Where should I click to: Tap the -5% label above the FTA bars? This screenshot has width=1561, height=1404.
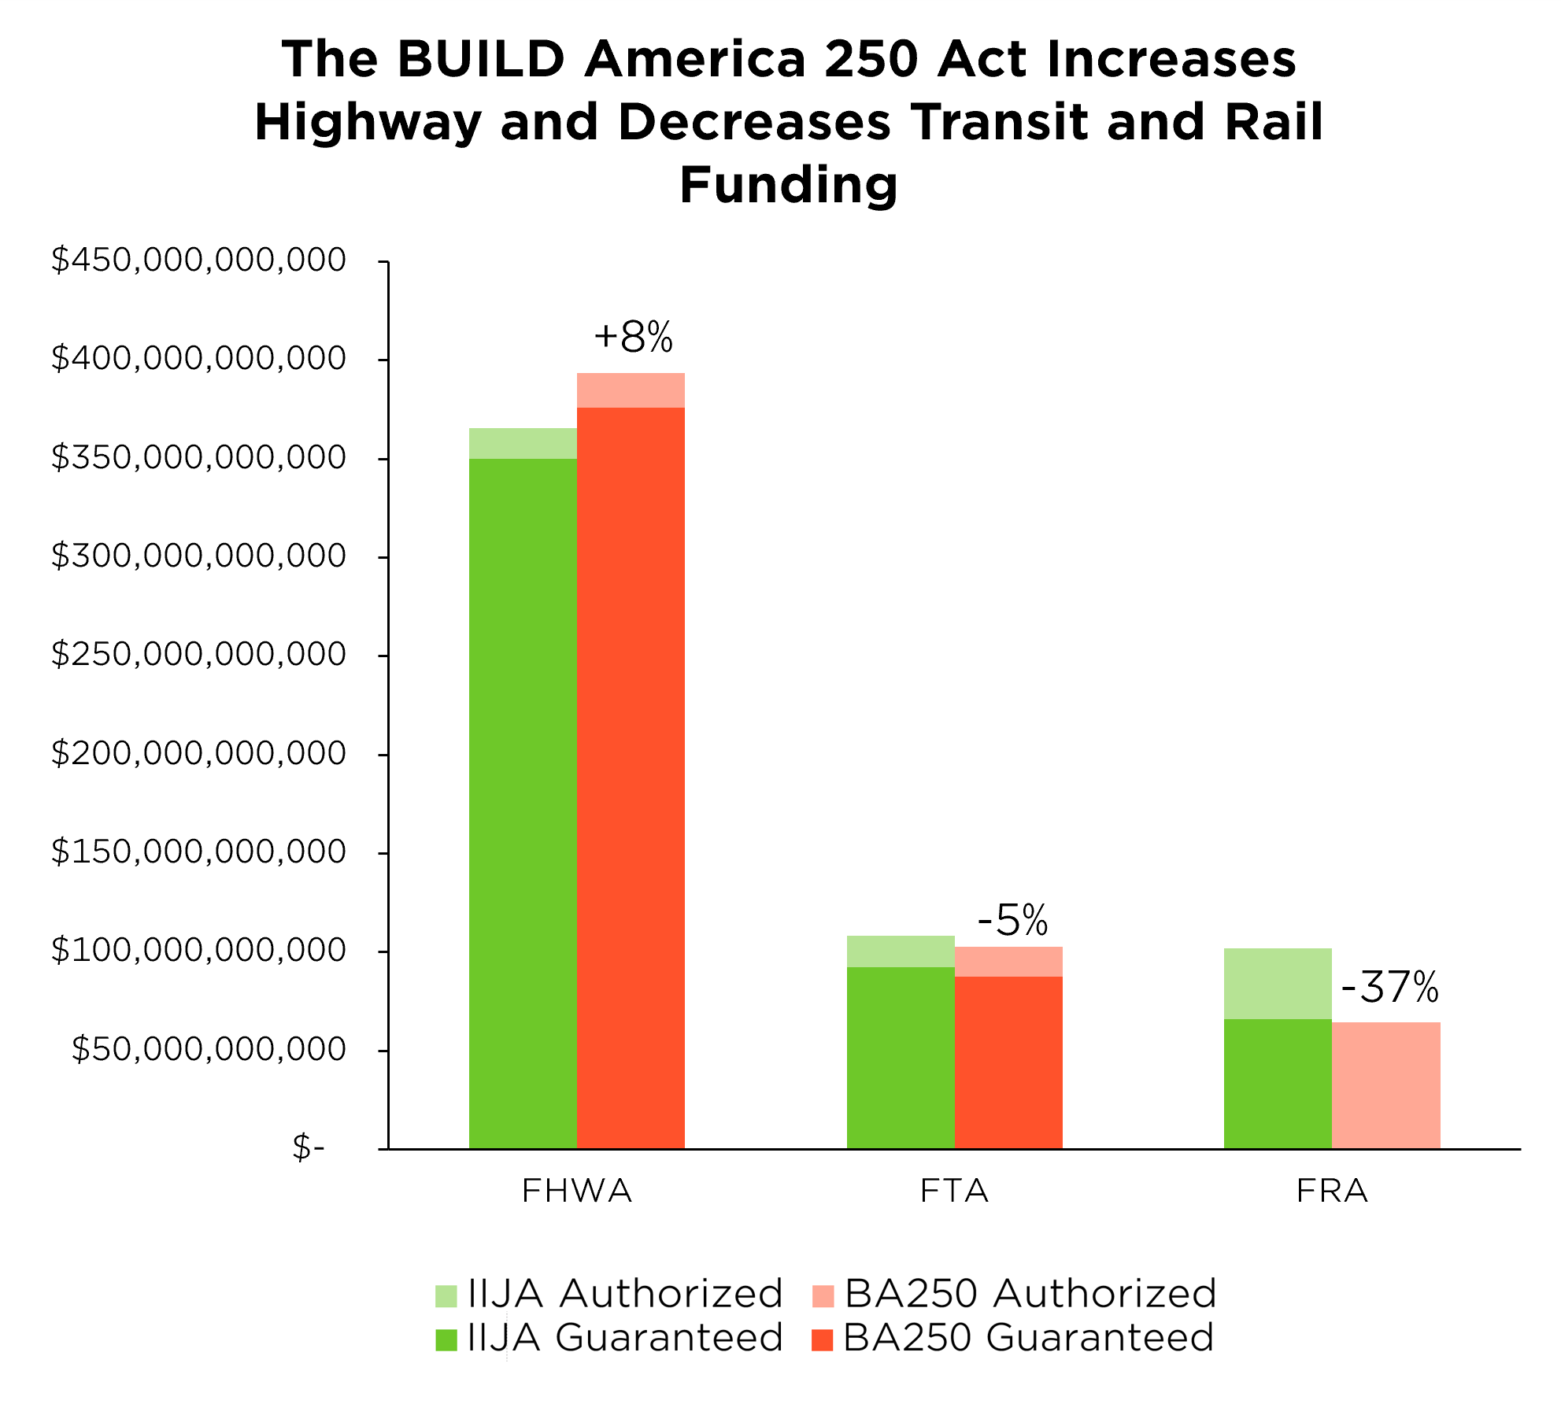(x=1013, y=919)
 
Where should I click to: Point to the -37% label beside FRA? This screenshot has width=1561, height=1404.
(x=1390, y=987)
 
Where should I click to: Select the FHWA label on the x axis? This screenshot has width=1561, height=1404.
(x=577, y=1191)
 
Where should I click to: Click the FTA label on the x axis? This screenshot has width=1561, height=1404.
(x=954, y=1191)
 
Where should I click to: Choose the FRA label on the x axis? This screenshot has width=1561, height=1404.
(x=1332, y=1191)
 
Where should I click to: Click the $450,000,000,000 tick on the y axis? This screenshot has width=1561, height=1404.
(x=198, y=260)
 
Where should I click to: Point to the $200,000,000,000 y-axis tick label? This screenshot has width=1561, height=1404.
(x=198, y=753)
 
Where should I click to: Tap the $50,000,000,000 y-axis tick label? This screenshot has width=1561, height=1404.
(x=209, y=1049)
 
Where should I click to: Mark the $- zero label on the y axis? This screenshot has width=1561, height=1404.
(x=309, y=1147)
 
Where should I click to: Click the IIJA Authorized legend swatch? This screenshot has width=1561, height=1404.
(x=446, y=1296)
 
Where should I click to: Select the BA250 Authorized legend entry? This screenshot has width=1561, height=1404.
(x=1014, y=1295)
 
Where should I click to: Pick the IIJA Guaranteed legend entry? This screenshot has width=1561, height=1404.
(x=609, y=1339)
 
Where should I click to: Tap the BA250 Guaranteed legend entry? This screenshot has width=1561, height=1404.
(x=1013, y=1339)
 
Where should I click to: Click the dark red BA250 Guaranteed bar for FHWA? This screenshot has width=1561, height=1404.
(x=631, y=778)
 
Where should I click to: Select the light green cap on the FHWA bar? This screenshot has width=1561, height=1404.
(x=523, y=443)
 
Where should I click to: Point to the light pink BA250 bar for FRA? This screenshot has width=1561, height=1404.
(x=1386, y=1085)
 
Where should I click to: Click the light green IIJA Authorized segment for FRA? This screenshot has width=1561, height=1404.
(x=1278, y=984)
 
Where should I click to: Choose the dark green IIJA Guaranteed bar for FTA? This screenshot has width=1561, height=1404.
(x=901, y=1058)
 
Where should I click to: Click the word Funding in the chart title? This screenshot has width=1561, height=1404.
(x=789, y=186)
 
